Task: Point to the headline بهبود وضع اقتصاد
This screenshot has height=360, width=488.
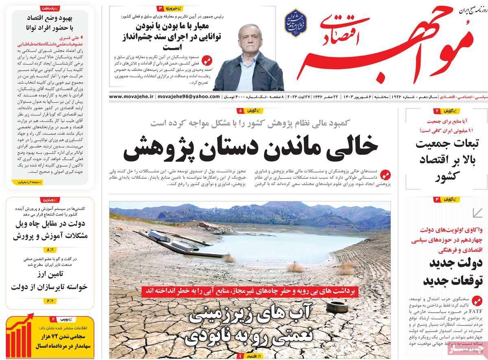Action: coord(49,18)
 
